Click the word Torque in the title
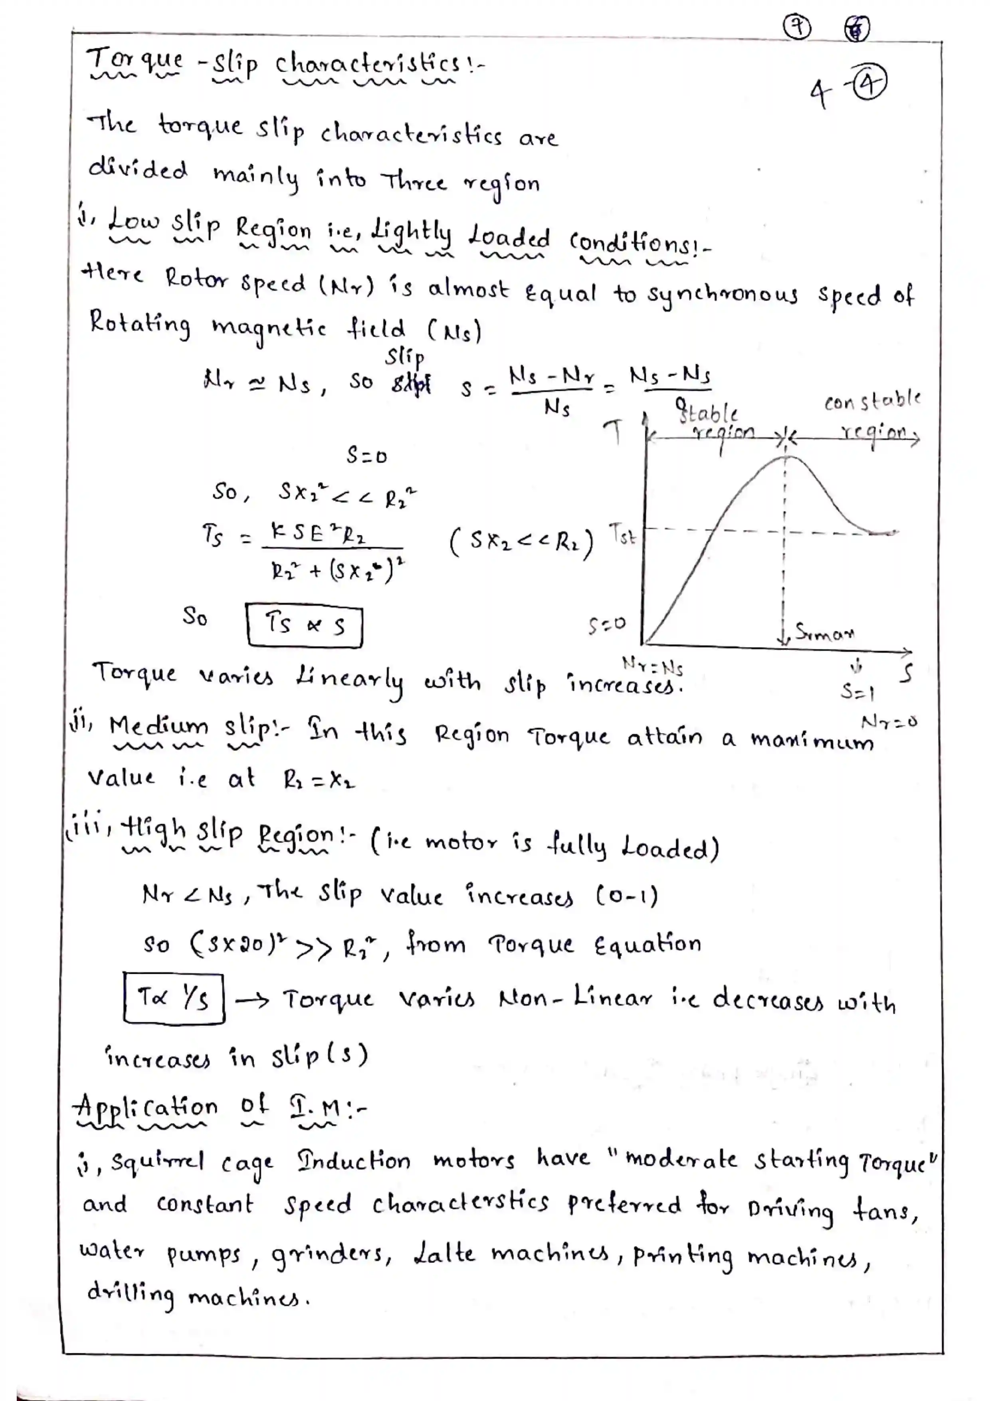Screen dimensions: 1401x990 click(134, 61)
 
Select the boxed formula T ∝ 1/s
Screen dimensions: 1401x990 click(174, 998)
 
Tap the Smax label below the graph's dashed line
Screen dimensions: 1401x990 click(824, 633)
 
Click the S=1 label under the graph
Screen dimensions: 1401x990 click(857, 692)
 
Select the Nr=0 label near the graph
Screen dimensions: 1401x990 click(889, 722)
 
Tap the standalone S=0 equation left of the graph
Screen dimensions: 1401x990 click(366, 455)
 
